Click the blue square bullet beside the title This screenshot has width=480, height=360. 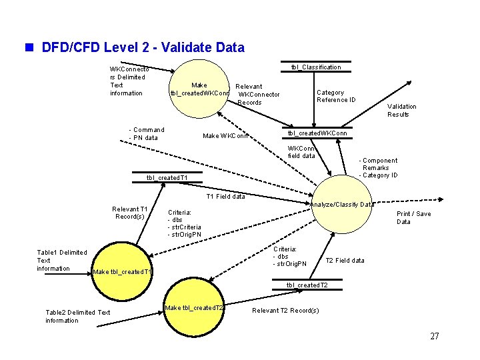[29, 47]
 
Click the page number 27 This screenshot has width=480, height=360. [435, 336]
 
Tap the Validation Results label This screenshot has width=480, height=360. [401, 111]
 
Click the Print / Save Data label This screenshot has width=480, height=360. [413, 217]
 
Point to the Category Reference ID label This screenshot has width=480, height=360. [336, 96]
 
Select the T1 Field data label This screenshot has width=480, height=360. [225, 197]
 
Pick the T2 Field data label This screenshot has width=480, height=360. [345, 261]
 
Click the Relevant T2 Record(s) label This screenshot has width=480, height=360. [285, 311]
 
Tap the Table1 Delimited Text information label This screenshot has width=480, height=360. [62, 261]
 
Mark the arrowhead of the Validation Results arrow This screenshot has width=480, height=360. [409, 83]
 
